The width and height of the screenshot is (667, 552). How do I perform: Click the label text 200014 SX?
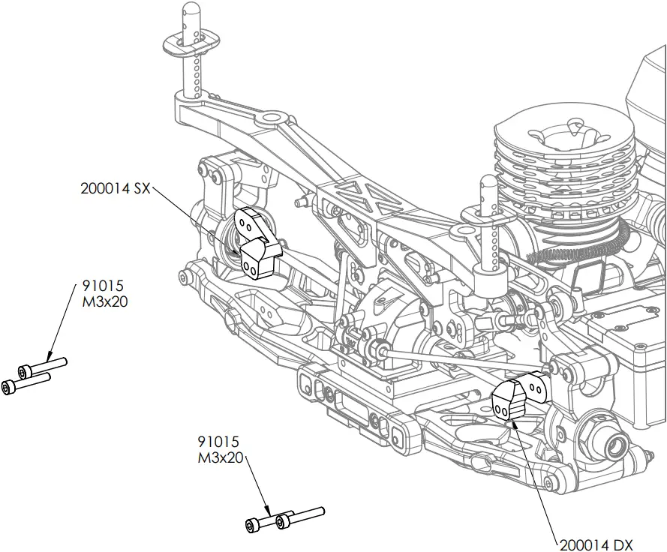pyautogui.click(x=116, y=189)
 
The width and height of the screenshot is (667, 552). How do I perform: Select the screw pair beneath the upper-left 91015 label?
pyautogui.click(x=34, y=376)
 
